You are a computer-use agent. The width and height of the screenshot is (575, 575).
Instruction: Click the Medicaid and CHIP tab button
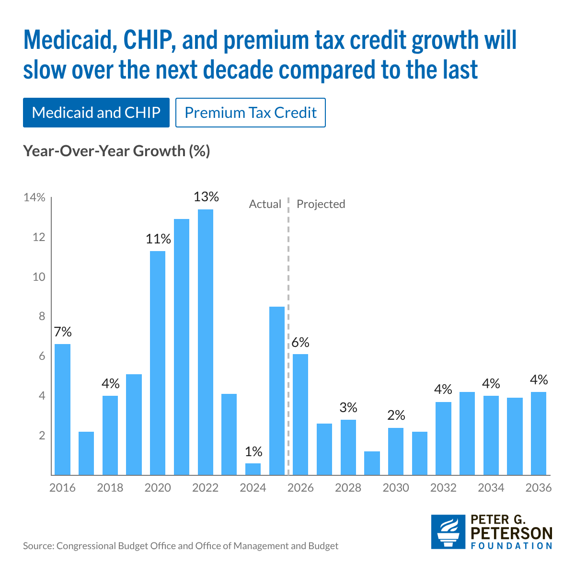coord(96,113)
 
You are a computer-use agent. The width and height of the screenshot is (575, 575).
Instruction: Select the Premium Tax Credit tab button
coord(251,113)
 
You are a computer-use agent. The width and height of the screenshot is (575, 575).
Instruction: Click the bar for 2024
coord(253,469)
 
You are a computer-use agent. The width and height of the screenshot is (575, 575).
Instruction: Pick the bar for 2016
coord(62,410)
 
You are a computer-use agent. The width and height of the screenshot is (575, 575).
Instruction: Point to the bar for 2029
coord(372,463)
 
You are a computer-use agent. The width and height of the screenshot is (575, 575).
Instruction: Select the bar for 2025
coord(277,391)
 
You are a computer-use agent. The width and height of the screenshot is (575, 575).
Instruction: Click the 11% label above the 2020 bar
coord(158,239)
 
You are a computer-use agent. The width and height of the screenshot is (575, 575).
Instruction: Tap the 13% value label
coord(206,196)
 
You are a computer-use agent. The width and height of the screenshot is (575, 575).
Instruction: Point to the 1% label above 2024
coord(253,451)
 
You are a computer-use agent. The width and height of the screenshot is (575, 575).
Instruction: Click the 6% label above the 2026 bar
coord(300,343)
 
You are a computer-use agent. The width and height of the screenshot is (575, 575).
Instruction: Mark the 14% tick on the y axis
coord(34,198)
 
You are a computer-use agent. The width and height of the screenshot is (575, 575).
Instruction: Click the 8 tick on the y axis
coord(42,317)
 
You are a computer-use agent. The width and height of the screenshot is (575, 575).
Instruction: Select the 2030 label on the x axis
coord(396,488)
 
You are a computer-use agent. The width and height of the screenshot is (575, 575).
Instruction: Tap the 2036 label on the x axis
coord(539,488)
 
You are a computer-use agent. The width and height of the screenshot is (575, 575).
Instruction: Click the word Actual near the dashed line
coord(265,204)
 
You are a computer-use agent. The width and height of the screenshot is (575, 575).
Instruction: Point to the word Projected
coord(321,204)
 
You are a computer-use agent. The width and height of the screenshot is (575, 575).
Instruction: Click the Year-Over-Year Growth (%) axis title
coord(116,151)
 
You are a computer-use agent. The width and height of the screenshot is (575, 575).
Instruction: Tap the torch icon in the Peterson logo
coord(448,532)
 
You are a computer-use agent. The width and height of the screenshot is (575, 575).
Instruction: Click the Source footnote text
coord(181,546)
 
